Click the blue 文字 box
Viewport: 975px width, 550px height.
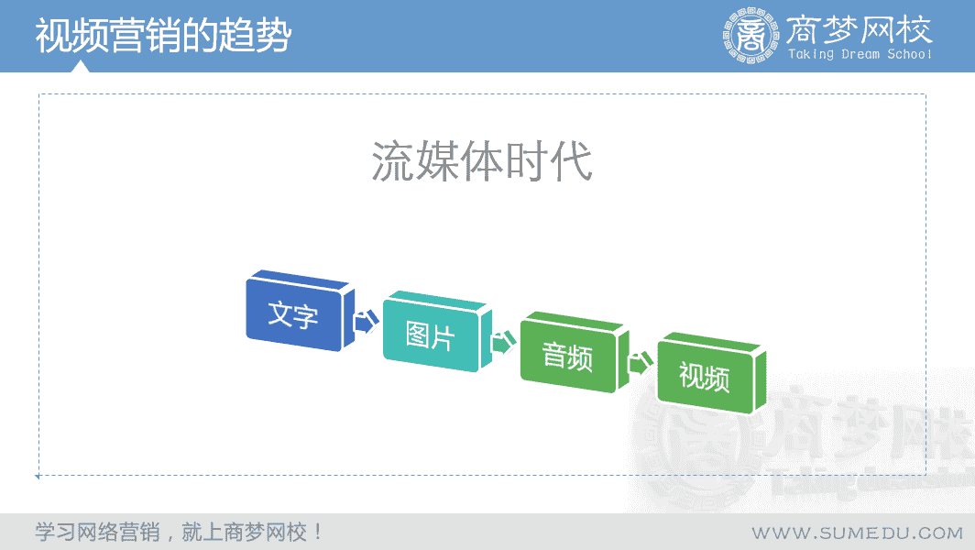pos(300,311)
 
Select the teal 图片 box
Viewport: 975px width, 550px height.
pos(437,332)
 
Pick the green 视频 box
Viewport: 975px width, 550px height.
pos(711,373)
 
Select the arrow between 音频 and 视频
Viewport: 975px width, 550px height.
pos(641,362)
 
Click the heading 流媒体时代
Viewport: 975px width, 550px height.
pos(482,161)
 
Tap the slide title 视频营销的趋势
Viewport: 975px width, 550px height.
pos(163,36)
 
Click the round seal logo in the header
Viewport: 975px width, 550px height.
pos(750,36)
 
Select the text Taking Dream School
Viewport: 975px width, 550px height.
pos(860,54)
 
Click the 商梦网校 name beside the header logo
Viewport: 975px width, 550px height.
pos(859,28)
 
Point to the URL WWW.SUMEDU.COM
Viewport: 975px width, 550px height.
pos(858,533)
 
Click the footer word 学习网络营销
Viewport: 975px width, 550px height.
pos(98,532)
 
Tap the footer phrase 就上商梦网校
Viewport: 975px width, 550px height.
pos(245,532)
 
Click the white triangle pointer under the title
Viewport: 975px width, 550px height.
pos(81,67)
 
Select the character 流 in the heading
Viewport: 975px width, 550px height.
pos(393,161)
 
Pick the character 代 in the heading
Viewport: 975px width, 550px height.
pos(571,161)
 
